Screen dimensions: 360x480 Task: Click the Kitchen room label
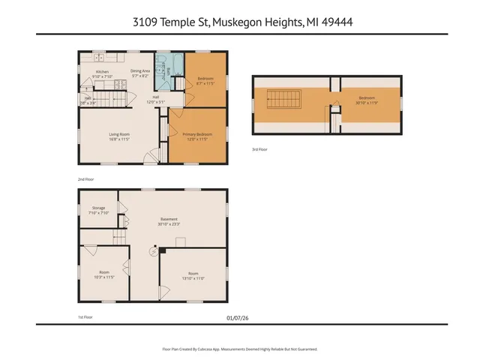[x=103, y=72]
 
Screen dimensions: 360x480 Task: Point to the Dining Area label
[x=140, y=71]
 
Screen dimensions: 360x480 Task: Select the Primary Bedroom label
[x=196, y=133]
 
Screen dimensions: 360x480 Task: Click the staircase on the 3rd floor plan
[x=282, y=98]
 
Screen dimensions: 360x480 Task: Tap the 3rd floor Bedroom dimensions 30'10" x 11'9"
[x=367, y=103]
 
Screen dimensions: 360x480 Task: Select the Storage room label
[x=99, y=207]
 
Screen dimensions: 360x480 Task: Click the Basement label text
[x=168, y=219]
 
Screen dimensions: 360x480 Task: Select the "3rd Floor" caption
[x=259, y=150]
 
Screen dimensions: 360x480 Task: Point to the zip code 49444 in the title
[x=337, y=22]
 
